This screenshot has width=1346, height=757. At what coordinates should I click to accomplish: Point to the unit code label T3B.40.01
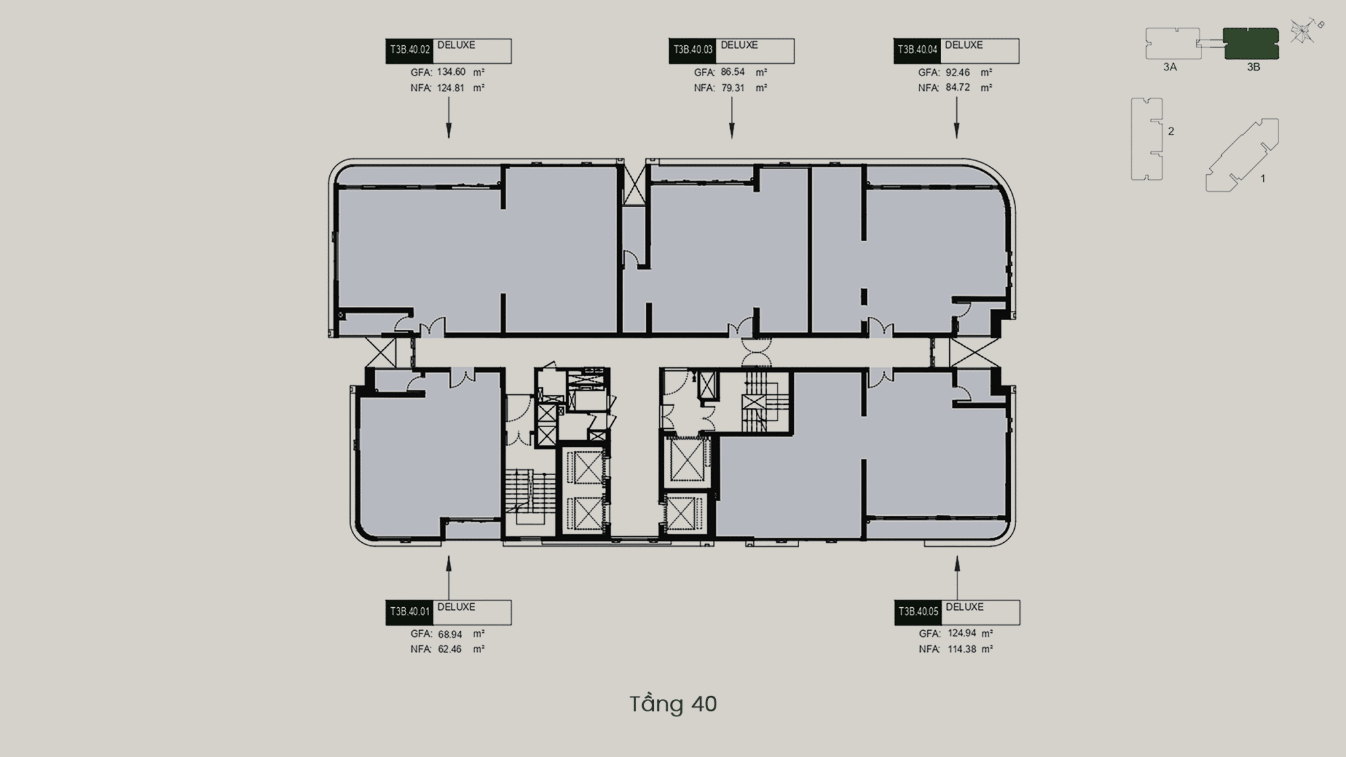409,612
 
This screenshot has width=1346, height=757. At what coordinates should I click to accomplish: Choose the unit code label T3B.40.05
918,612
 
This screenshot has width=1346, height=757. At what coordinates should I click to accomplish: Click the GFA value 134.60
451,72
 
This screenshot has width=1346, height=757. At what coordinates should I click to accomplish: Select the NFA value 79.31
732,87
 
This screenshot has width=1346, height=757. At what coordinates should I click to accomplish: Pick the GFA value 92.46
958,72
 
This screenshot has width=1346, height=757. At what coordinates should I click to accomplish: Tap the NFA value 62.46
450,649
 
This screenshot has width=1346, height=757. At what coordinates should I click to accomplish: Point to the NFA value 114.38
962,649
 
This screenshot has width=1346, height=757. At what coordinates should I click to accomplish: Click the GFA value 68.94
450,634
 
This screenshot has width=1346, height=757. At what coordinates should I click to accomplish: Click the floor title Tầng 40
673,704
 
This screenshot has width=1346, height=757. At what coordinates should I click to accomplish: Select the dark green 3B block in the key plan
1251,43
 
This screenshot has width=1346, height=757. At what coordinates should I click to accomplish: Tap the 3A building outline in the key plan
1173,43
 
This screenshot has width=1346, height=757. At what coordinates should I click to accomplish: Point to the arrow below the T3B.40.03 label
731,122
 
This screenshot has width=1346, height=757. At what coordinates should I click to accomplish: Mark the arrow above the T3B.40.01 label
449,578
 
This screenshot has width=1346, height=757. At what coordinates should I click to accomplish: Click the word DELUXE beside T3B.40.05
965,607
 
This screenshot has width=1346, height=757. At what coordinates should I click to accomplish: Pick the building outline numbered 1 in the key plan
1242,155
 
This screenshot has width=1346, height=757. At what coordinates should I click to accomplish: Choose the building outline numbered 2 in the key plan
1147,139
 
